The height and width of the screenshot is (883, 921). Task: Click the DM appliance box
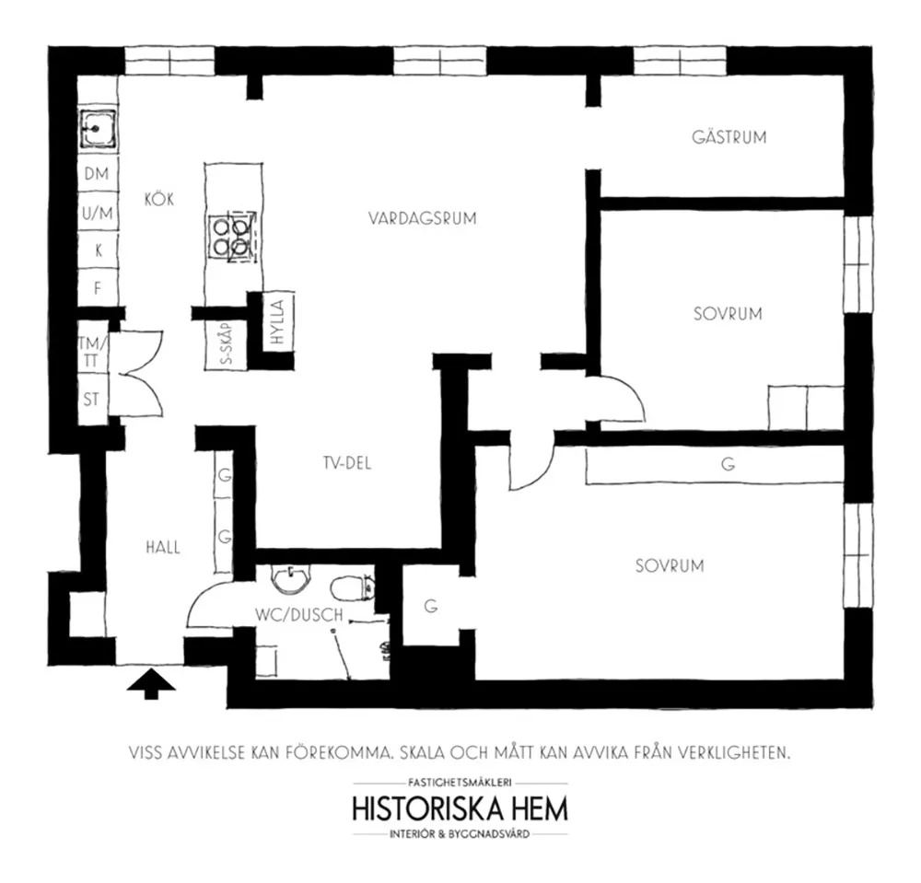pyautogui.click(x=96, y=173)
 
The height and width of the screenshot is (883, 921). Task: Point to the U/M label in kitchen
pyautogui.click(x=96, y=213)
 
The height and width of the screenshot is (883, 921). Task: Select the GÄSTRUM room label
pyautogui.click(x=729, y=138)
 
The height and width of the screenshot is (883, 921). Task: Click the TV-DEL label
pyautogui.click(x=346, y=464)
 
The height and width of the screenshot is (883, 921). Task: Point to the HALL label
pyautogui.click(x=162, y=547)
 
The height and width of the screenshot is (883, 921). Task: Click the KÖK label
pyautogui.click(x=159, y=199)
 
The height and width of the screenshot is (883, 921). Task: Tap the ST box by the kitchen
pyautogui.click(x=92, y=400)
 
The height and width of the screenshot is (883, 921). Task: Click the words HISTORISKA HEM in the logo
pyautogui.click(x=460, y=809)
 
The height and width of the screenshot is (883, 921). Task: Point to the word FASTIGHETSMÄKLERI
pyautogui.click(x=460, y=782)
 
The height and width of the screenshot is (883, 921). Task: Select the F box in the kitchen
pyautogui.click(x=96, y=288)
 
